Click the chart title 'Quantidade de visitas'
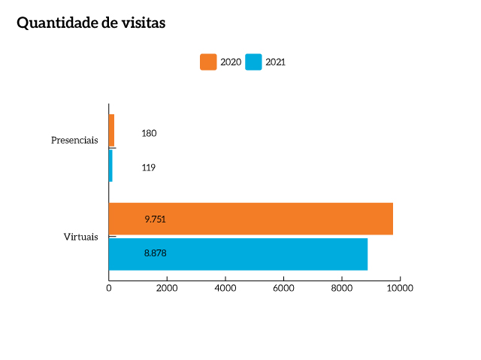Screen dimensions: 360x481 pos(91,23)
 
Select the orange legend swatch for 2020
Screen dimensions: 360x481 pos(208,62)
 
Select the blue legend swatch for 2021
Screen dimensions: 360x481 pos(254,62)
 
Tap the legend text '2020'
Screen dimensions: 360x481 pos(230,62)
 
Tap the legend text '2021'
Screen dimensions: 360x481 pos(275,62)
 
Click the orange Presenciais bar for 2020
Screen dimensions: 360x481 pos(111,131)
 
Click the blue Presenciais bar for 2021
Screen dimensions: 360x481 pos(110,165)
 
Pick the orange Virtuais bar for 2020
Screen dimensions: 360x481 pos(250,219)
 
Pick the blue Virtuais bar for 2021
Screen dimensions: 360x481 pos(237,254)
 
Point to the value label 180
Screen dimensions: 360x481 pos(149,134)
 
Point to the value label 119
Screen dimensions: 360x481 pos(148,168)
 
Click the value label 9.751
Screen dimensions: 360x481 pos(155,219)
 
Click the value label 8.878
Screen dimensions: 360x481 pos(155,254)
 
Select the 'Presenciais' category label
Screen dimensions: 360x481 pos(74,141)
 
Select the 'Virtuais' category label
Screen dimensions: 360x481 pos(80,237)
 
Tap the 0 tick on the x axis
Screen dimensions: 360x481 pos(109,288)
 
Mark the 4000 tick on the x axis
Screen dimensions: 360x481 pos(225,288)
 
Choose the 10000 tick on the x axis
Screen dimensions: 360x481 pos(400,288)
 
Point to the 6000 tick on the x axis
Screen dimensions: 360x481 pos(283,288)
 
